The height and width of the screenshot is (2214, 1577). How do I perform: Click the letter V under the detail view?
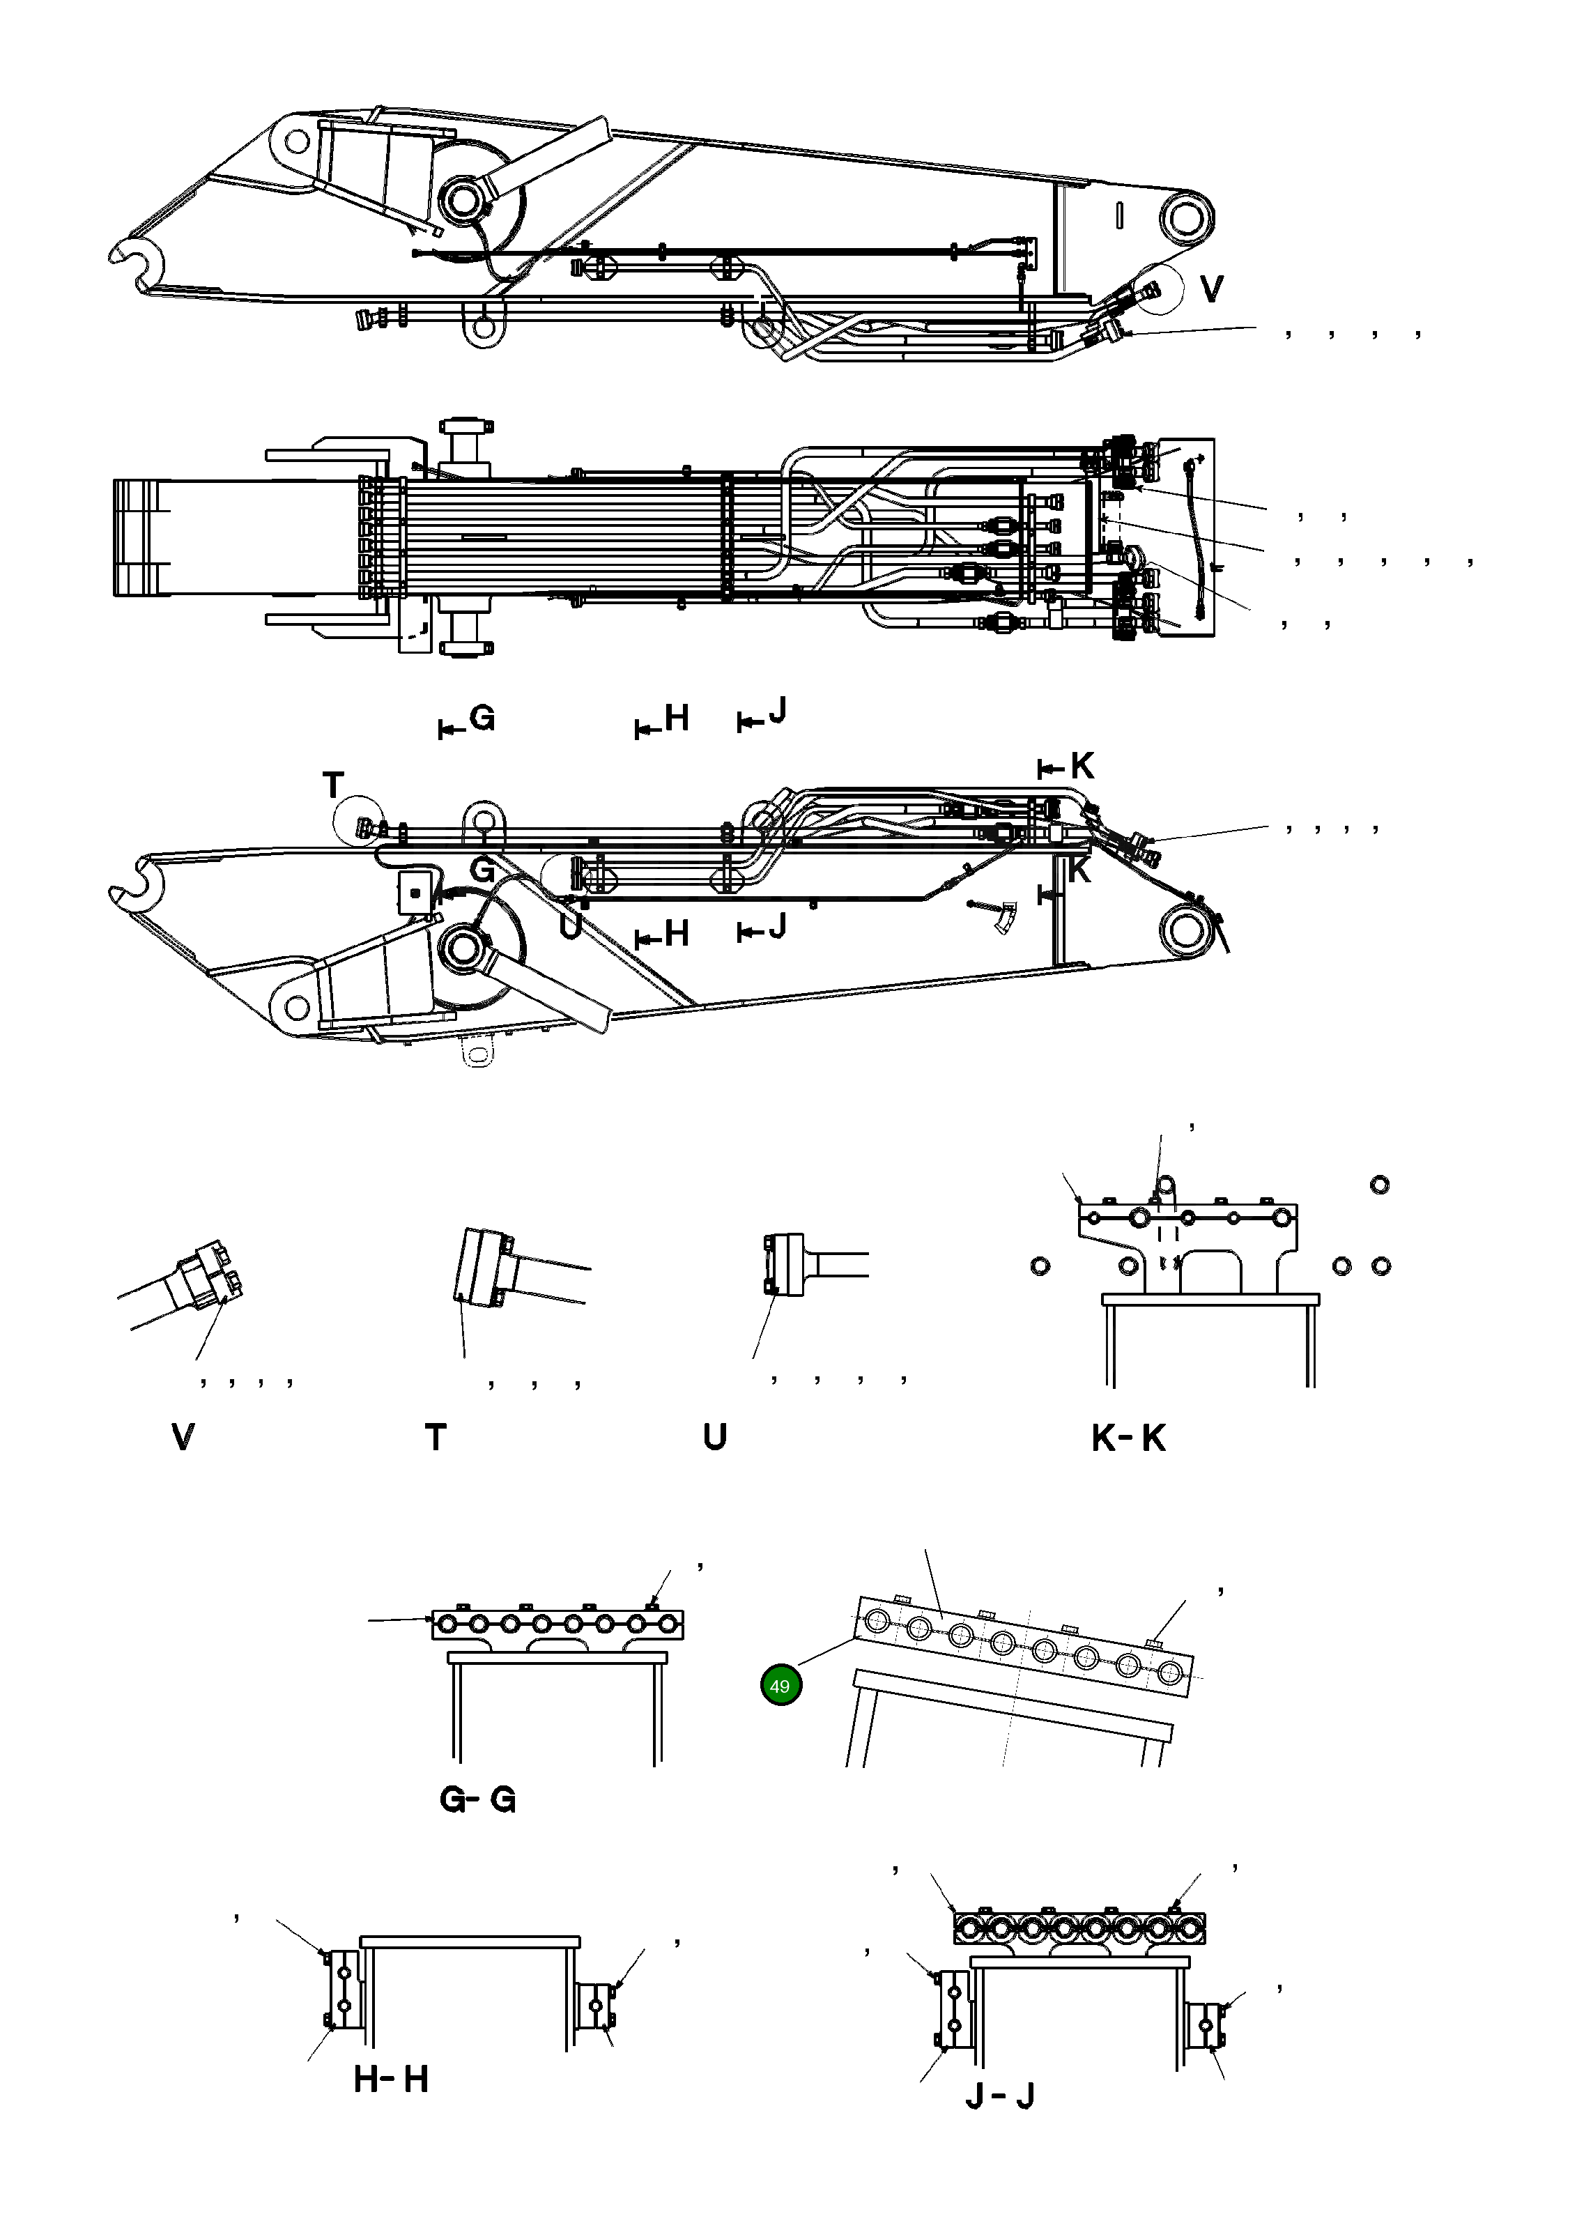coord(182,1437)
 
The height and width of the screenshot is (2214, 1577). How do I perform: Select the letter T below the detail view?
coord(436,1437)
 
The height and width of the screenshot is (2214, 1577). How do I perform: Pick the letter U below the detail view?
coord(715,1437)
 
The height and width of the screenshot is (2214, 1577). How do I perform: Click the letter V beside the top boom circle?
coord(1211,289)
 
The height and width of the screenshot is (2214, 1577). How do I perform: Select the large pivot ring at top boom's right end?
coord(1185,217)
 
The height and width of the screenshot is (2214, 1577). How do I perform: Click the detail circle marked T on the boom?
coord(360,822)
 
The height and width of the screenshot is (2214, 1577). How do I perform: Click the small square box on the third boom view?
coord(415,891)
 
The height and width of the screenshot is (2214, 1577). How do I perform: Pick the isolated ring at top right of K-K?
coord(1379,1185)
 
